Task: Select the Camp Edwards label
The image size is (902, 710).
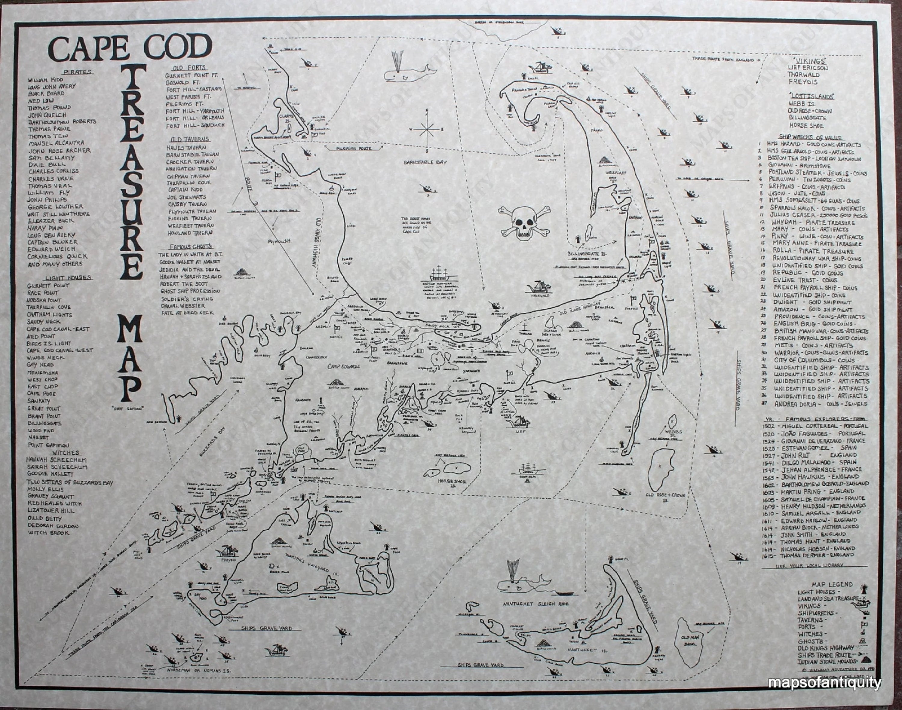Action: (x=345, y=367)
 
